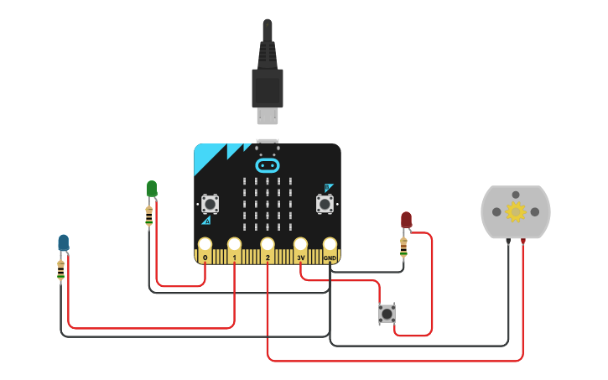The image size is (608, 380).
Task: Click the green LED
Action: pos(152,189)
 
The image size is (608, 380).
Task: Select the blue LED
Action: pos(64,243)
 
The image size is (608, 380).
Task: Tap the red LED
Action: pos(406,220)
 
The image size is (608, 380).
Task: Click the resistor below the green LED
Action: pos(149,216)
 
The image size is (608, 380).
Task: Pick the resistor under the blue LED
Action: pos(60,270)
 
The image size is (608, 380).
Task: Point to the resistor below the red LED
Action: pos(403,247)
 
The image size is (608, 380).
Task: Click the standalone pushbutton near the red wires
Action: pos(387,314)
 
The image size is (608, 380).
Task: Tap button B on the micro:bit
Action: pos(325,203)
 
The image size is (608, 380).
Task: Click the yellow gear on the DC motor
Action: pos(515,212)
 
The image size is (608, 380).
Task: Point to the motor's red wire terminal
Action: pos(524,242)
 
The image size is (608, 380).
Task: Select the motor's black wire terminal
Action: pos(508,242)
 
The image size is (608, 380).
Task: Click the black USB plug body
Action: pos(268,87)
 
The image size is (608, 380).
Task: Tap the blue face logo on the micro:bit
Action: pos(268,165)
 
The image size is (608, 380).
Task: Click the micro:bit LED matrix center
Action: pos(268,204)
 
